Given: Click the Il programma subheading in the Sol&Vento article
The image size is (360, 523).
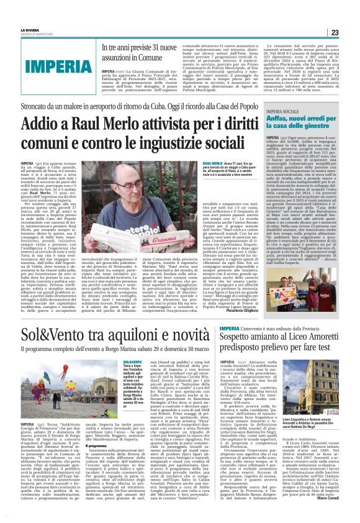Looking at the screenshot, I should (97, 446).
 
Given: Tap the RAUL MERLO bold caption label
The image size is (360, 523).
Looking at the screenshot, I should (214, 163).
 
